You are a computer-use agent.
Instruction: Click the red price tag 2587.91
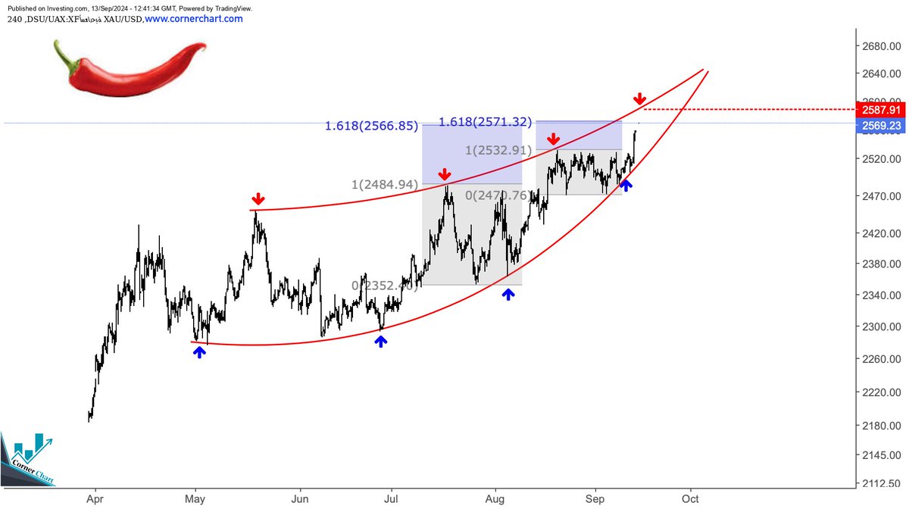point(877,109)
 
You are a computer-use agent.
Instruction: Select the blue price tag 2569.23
point(877,125)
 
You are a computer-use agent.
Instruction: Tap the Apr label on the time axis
point(95,499)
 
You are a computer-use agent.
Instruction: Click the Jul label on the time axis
point(392,499)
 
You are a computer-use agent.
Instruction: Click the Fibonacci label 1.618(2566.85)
point(371,126)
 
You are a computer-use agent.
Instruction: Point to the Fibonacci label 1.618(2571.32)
point(486,121)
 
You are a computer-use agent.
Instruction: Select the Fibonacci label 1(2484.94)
point(385,185)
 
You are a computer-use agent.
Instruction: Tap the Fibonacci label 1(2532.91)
point(497,150)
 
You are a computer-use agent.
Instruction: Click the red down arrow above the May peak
point(258,199)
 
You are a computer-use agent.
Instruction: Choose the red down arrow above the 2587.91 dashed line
point(639,98)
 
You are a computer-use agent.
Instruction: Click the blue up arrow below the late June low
point(380,341)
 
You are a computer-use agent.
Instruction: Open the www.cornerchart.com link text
point(193,18)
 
